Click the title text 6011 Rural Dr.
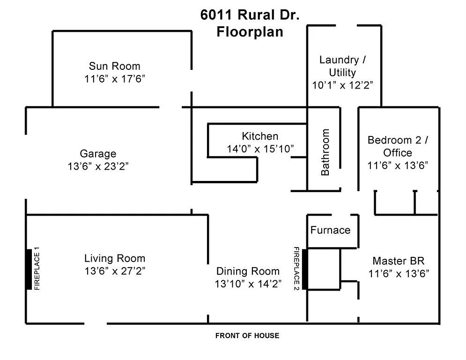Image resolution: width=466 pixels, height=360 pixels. click(250, 15)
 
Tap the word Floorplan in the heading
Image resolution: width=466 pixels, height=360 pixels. click(250, 33)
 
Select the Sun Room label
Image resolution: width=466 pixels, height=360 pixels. click(115, 66)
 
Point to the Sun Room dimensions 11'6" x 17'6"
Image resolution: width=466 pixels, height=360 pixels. click(115, 78)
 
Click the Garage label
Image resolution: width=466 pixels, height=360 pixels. click(98, 154)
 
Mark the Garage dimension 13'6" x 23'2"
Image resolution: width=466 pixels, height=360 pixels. click(98, 166)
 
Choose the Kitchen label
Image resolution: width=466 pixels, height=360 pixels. click(260, 136)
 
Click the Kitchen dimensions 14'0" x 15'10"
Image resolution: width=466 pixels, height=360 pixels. click(260, 149)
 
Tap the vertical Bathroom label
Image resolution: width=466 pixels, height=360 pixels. click(325, 153)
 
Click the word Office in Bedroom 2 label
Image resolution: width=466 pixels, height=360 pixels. click(398, 153)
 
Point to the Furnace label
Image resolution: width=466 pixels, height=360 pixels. click(330, 230)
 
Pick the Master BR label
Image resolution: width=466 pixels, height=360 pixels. click(398, 261)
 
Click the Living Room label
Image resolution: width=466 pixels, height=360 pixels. click(115, 258)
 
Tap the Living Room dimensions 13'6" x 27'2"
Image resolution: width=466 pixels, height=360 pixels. click(115, 270)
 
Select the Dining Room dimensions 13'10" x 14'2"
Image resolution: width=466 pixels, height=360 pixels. click(248, 284)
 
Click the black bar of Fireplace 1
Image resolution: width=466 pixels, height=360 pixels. click(29, 270)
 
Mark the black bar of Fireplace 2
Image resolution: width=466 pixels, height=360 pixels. click(305, 270)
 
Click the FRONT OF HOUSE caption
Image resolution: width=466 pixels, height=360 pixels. click(247, 336)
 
